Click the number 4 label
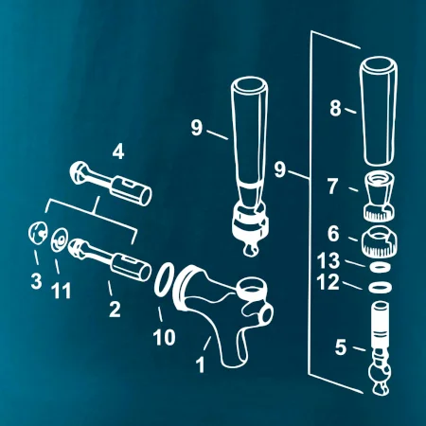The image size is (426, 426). (x=118, y=151)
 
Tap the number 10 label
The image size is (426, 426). (x=164, y=337)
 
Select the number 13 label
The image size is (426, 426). (x=328, y=261)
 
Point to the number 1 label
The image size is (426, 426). (x=200, y=364)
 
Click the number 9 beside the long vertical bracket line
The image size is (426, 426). (x=279, y=169)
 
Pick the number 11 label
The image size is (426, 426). (x=61, y=291)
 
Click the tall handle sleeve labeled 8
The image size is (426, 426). (x=378, y=111)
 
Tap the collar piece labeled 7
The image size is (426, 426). (x=380, y=197)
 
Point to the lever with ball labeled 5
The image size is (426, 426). (x=381, y=347)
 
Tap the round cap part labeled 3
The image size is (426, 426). (x=38, y=233)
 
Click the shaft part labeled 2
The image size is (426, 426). (x=110, y=260)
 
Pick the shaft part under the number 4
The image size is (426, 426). (x=111, y=183)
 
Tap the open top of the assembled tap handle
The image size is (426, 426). (x=249, y=85)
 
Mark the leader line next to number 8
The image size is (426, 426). (x=350, y=111)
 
